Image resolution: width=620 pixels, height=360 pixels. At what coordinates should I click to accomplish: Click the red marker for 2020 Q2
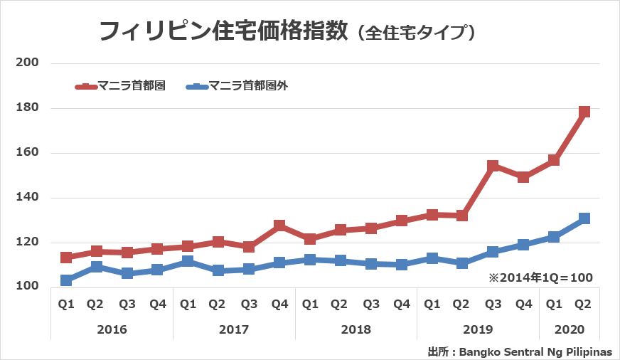584,112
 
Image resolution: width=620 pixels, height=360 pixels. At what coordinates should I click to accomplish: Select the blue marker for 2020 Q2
584,218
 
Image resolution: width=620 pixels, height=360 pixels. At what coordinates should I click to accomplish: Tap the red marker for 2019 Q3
493,166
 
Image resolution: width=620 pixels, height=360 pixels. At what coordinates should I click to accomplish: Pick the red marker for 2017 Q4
279,226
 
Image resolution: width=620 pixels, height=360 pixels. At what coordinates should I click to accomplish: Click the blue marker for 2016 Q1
66,280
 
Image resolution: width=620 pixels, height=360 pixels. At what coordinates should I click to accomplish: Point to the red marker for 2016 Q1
66,257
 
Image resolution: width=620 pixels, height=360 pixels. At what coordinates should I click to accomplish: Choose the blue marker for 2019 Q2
462,263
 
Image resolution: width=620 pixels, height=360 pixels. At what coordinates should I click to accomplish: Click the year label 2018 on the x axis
356,330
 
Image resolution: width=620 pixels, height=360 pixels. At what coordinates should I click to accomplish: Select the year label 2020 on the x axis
569,330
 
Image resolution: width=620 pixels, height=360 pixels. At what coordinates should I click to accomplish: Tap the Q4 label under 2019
523,305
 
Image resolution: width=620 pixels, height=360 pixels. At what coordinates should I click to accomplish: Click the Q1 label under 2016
66,305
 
